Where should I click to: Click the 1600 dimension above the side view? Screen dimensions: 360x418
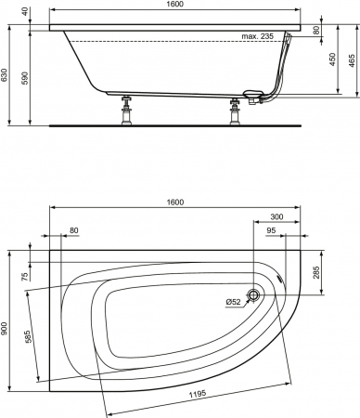pyautogui.click(x=175, y=4)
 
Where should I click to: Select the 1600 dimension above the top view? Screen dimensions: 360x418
pyautogui.click(x=175, y=202)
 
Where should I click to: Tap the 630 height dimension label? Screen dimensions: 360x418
pyautogui.click(x=5, y=75)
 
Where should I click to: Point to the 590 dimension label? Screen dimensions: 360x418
pyautogui.click(x=26, y=78)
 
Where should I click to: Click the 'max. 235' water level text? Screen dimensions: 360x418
pyautogui.click(x=257, y=36)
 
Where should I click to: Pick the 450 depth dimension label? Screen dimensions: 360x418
pyautogui.click(x=332, y=59)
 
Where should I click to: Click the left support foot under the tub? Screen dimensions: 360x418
pyautogui.click(x=126, y=111)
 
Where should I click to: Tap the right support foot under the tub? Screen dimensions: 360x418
pyautogui.click(x=235, y=111)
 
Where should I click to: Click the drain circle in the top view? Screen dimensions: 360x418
pyautogui.click(x=253, y=294)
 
